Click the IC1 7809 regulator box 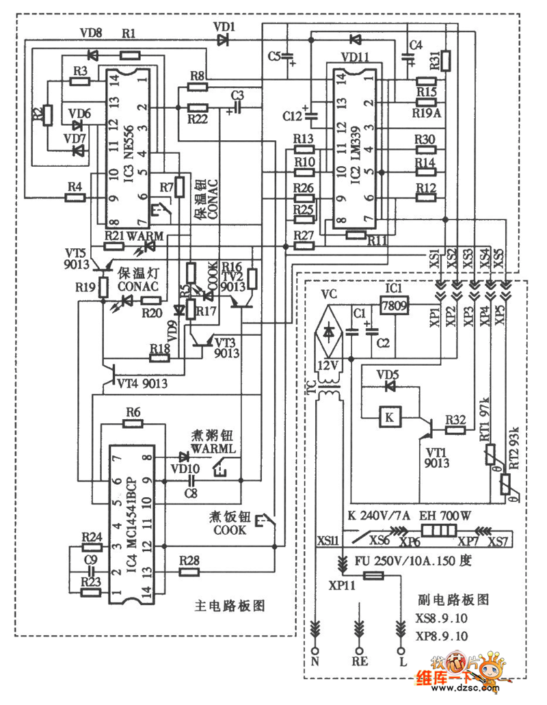point(395,304)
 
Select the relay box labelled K point(389,416)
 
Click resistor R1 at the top point(130,43)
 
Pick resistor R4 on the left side point(75,198)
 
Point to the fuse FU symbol point(373,577)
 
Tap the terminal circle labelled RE point(358,649)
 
